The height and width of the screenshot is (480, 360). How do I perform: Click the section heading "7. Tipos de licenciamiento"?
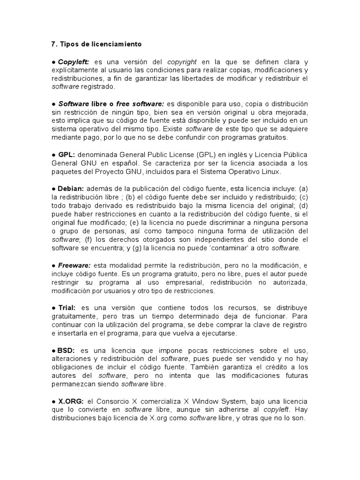[96, 44]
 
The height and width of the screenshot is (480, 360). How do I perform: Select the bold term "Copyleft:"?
[74, 61]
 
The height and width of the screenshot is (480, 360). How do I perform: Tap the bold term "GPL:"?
[67, 154]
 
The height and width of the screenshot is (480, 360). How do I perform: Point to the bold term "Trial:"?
[67, 307]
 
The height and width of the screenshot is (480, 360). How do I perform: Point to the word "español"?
[120, 163]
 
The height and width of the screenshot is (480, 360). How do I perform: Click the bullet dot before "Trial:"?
[54, 308]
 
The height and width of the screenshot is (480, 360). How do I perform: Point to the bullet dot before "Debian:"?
[54, 188]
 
